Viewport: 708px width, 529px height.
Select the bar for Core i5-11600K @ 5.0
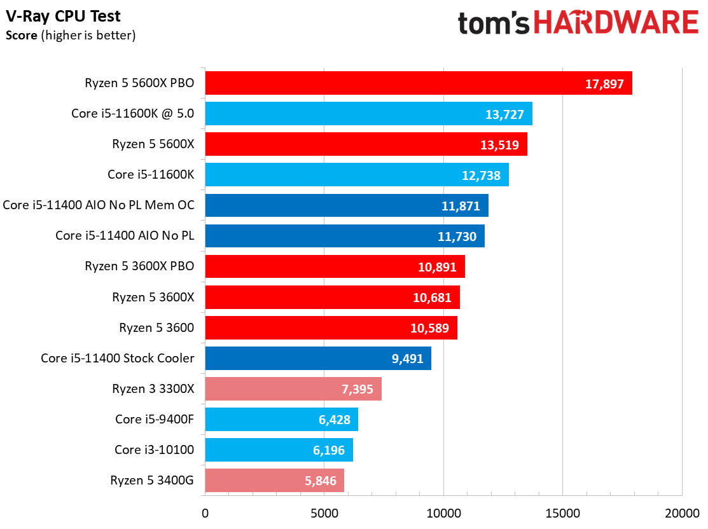point(368,114)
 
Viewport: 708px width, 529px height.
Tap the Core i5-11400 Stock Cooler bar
point(317,358)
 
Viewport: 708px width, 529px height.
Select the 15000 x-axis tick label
point(562,512)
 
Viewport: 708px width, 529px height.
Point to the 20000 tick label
point(682,512)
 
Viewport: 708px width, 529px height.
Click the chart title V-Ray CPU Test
point(64,16)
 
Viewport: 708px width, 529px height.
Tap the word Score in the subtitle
point(22,35)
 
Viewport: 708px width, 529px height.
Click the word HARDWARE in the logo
point(616,23)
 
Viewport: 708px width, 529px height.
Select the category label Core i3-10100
point(154,450)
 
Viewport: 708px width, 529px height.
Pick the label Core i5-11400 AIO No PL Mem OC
point(99,205)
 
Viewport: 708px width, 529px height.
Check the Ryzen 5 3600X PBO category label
point(139,266)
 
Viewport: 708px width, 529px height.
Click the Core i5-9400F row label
point(155,419)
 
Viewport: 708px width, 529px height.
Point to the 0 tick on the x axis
point(205,512)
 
